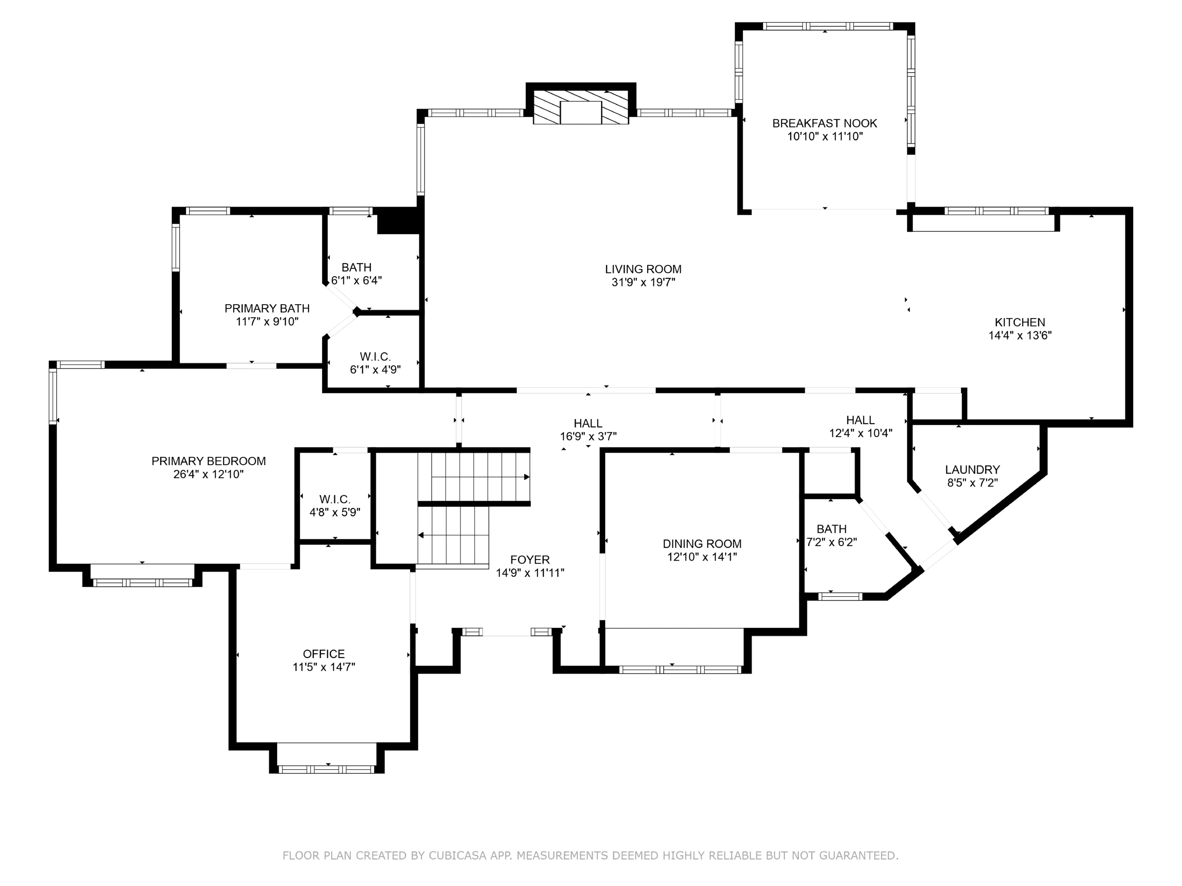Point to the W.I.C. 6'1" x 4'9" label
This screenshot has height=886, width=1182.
pos(375,363)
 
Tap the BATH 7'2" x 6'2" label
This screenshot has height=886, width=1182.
pos(831,536)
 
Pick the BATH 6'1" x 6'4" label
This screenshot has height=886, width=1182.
pos(356,274)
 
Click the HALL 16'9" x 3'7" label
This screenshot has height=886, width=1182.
pos(588,430)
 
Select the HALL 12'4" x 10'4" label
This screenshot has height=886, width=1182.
pos(860,426)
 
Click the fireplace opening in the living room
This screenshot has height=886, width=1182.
pos(581,112)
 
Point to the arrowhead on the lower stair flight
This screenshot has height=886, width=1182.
pos(421,535)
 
